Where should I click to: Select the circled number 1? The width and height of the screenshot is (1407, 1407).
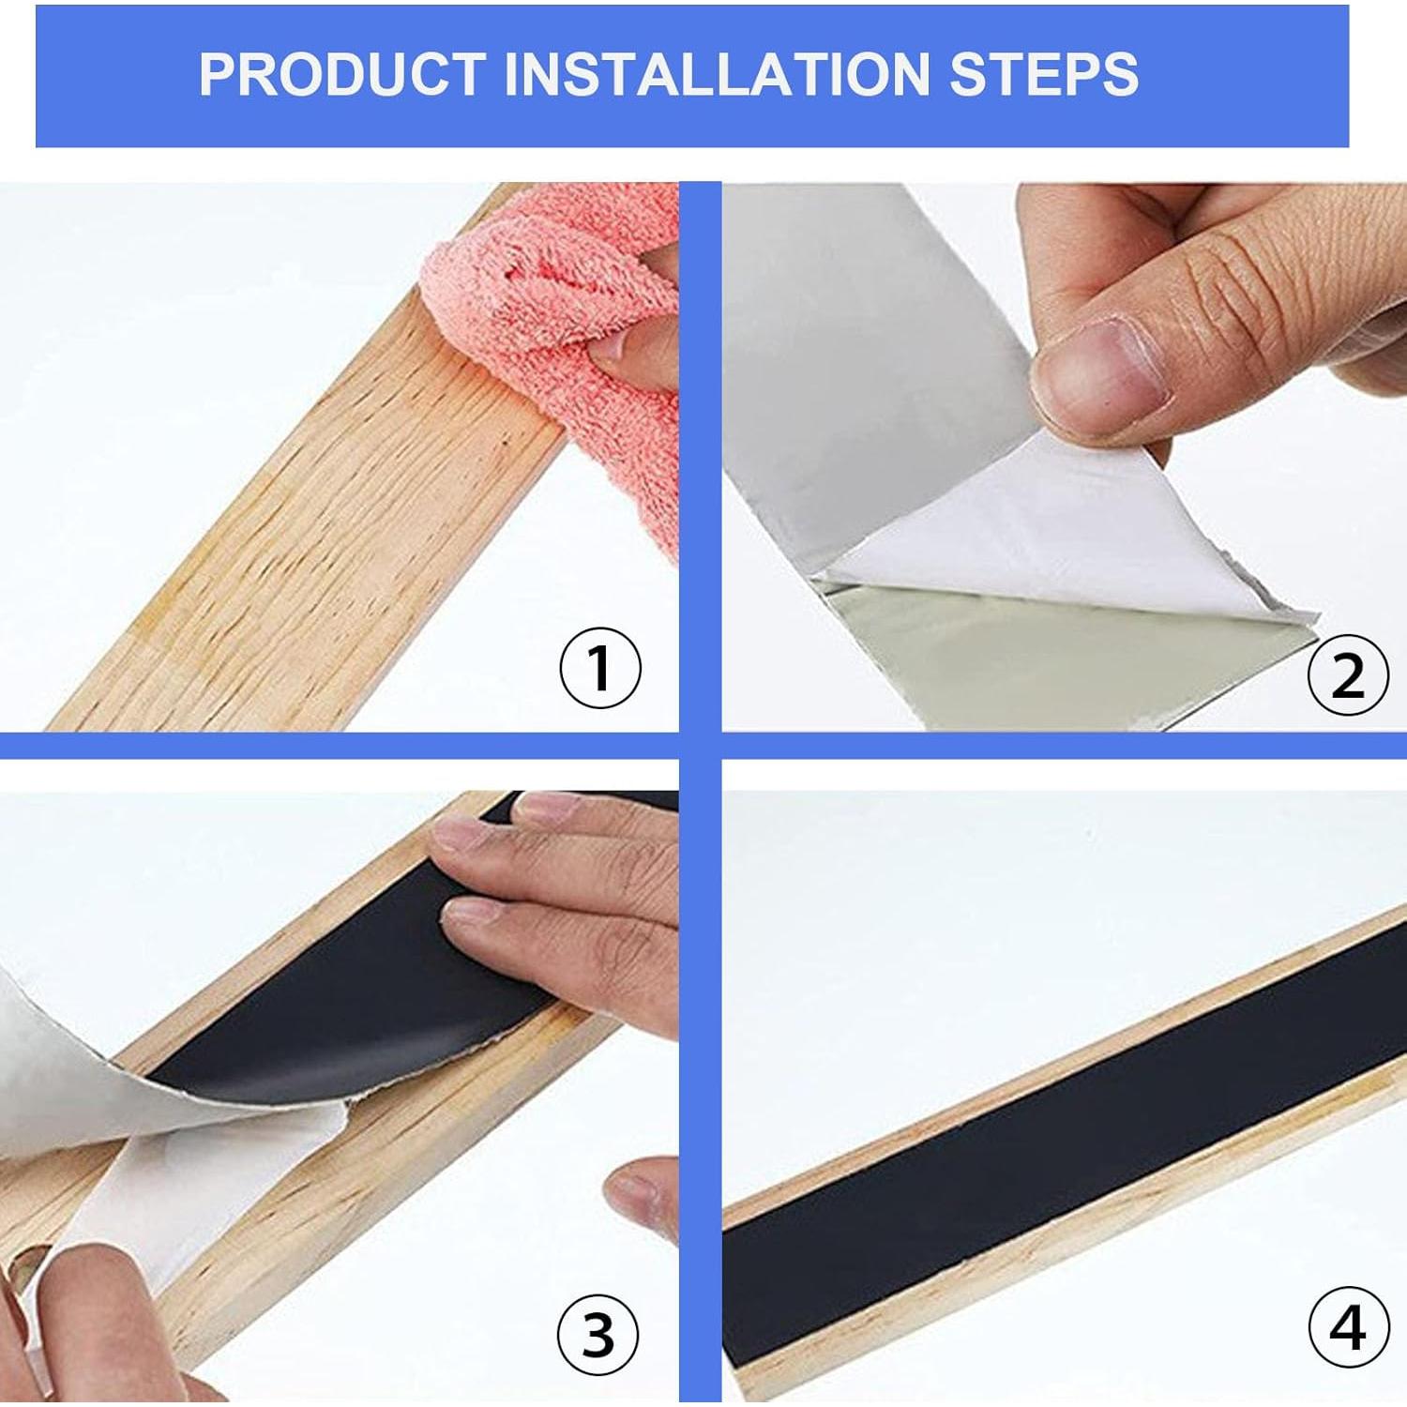coord(600,670)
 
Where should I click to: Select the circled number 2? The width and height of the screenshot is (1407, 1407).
coord(1347,674)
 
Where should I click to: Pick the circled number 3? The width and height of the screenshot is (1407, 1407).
coord(598,1334)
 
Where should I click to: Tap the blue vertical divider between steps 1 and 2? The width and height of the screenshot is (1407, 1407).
coord(700,450)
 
